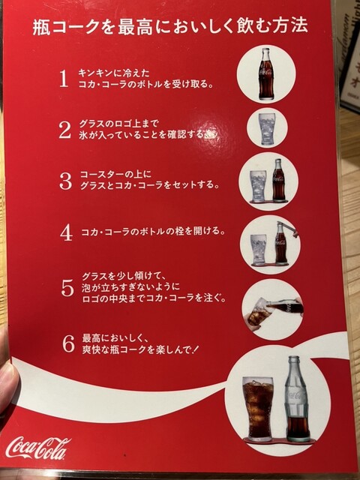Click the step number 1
63,78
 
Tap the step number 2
65,130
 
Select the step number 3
65,181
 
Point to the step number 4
66,232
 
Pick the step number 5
67,288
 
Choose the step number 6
68,343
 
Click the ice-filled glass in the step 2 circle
268,128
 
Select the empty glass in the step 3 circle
258,185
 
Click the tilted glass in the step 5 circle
259,312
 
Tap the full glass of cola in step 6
258,409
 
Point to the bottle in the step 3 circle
279,179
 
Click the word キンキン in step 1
97,73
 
